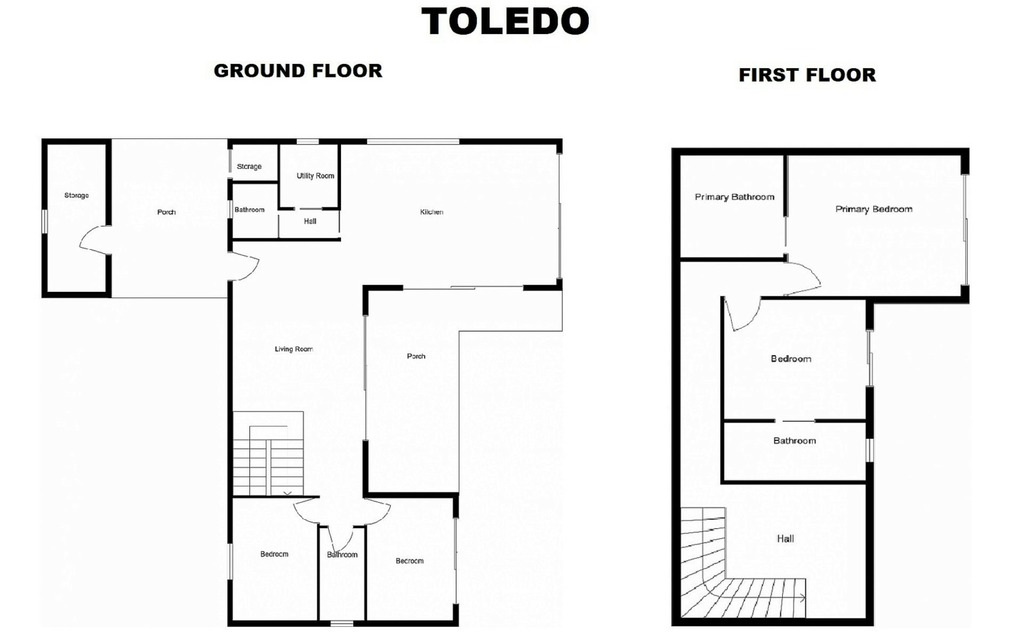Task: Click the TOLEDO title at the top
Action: click(x=505, y=21)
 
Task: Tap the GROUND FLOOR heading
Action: click(x=298, y=71)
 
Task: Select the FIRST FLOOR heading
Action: click(x=807, y=75)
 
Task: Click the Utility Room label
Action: click(x=315, y=176)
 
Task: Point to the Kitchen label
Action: click(x=432, y=212)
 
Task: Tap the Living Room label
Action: click(x=293, y=349)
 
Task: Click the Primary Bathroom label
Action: click(x=735, y=197)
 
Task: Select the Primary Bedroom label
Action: click(x=874, y=209)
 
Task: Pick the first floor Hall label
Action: click(x=785, y=539)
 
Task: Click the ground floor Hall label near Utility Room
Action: click(x=310, y=222)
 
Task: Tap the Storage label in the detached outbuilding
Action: click(x=76, y=195)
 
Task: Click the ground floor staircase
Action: click(x=268, y=454)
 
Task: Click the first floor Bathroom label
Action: click(x=794, y=440)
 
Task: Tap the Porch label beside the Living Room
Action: click(x=416, y=356)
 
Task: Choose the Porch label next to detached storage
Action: click(x=166, y=212)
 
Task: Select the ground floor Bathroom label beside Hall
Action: click(x=249, y=210)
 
